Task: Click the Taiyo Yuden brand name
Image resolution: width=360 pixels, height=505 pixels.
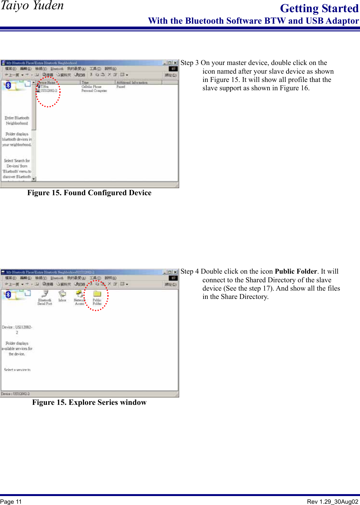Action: [32, 6]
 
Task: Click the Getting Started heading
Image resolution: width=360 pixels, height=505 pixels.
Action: [319, 9]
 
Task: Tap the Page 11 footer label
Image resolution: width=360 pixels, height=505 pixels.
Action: [11, 501]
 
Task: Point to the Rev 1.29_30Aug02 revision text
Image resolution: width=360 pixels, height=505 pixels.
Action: [332, 501]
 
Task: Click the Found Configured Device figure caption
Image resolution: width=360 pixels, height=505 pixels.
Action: [89, 193]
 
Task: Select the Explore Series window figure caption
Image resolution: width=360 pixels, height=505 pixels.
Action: [89, 402]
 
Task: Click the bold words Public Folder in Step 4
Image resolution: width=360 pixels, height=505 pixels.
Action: [296, 271]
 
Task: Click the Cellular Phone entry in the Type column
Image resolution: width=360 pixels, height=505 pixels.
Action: [92, 87]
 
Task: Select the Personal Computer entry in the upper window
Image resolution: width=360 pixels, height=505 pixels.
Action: [94, 91]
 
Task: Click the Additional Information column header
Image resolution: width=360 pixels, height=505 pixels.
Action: [132, 83]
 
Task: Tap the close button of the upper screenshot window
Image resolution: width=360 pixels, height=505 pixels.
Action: [175, 63]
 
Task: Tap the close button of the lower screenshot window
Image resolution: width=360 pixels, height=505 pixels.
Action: [175, 272]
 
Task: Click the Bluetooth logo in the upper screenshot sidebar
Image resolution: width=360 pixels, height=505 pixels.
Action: [8, 85]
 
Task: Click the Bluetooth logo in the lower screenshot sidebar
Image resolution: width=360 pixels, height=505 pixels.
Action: [8, 294]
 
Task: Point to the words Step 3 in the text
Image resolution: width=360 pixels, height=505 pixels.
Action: [189, 63]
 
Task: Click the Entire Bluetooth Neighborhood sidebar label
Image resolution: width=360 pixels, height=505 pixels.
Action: [17, 121]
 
